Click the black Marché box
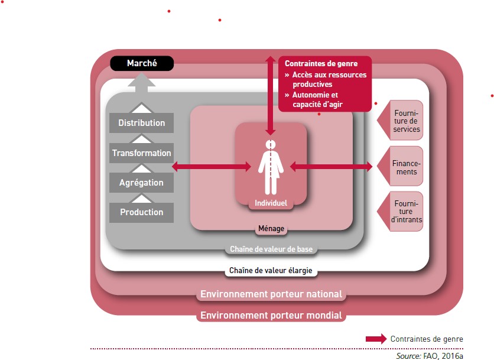pyautogui.click(x=142, y=63)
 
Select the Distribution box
pyautogui.click(x=142, y=123)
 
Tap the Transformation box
pyautogui.click(x=142, y=153)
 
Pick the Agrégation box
pyautogui.click(x=142, y=183)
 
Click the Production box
pyautogui.click(x=142, y=212)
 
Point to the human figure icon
pyautogui.click(x=271, y=167)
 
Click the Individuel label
pyautogui.click(x=271, y=203)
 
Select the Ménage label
pyautogui.click(x=271, y=229)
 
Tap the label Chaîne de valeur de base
pyautogui.click(x=271, y=249)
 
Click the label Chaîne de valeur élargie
pyautogui.click(x=271, y=271)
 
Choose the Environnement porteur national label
pyautogui.click(x=271, y=294)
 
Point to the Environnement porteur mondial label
pyautogui.click(x=271, y=315)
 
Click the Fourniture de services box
pyautogui.click(x=406, y=121)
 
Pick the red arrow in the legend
pyautogui.click(x=376, y=339)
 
